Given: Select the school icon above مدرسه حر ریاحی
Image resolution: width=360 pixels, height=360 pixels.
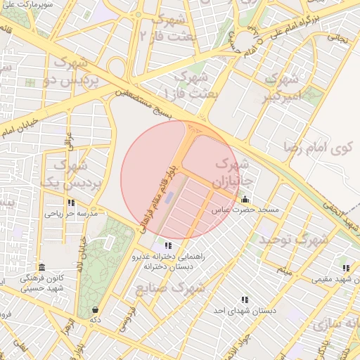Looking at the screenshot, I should click(70, 202).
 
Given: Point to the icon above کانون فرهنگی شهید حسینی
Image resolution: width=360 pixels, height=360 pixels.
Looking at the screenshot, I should click(41, 268).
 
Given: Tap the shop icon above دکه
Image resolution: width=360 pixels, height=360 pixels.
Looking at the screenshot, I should click(95, 309).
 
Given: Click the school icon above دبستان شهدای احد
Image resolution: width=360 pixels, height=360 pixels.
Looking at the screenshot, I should click(244, 300).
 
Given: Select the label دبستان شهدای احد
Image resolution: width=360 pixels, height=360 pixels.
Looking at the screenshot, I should click(245, 310).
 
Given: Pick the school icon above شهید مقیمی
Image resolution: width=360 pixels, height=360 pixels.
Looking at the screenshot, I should click(345, 268).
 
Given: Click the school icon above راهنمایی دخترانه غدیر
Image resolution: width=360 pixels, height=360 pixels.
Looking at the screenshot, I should click(167, 245).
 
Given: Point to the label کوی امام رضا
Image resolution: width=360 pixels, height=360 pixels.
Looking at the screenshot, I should click(316, 147).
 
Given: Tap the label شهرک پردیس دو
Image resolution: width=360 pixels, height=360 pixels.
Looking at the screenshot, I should click(79, 74).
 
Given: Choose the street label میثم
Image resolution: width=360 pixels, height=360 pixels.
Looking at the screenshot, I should click(283, 270).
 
